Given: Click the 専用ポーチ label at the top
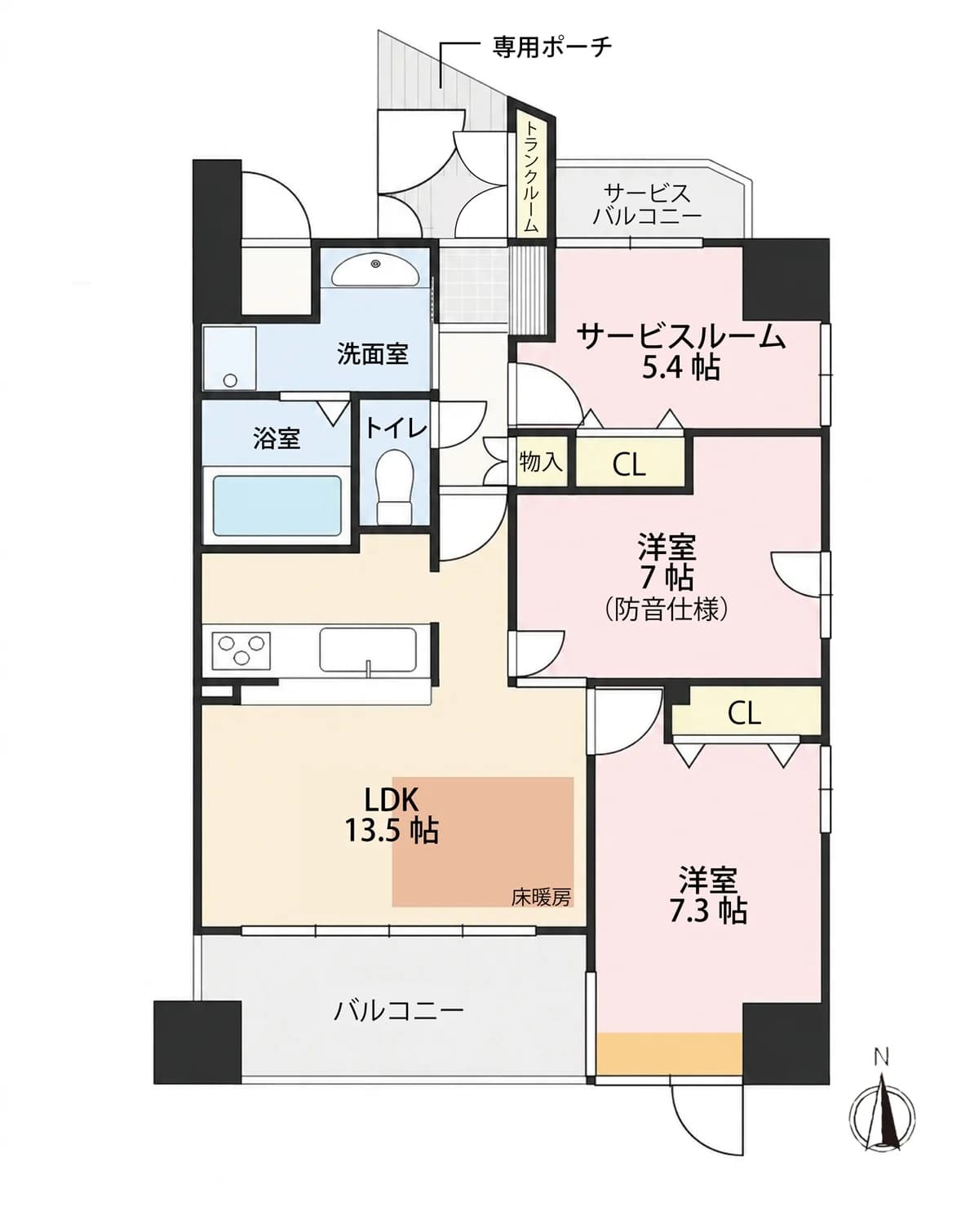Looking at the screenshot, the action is point(551,47).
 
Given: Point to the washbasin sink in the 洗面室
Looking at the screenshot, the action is point(375,271).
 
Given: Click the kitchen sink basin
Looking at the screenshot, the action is point(368,650).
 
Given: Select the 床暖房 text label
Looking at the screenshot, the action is point(541,897).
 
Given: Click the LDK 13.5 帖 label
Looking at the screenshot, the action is point(392,816).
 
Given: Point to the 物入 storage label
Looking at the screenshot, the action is point(541,462).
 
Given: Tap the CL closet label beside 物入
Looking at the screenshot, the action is point(629,466).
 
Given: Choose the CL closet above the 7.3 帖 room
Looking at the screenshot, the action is point(744,713).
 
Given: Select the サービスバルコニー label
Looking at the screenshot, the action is point(647,205).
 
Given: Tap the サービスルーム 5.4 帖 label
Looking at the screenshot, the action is point(681,352).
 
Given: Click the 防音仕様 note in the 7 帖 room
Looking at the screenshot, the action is point(666,610).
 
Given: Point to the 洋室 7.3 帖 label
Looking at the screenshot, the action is point(708,895).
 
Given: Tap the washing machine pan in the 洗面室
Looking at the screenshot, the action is point(230,357).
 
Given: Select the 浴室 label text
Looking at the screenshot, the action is point(277,440).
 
